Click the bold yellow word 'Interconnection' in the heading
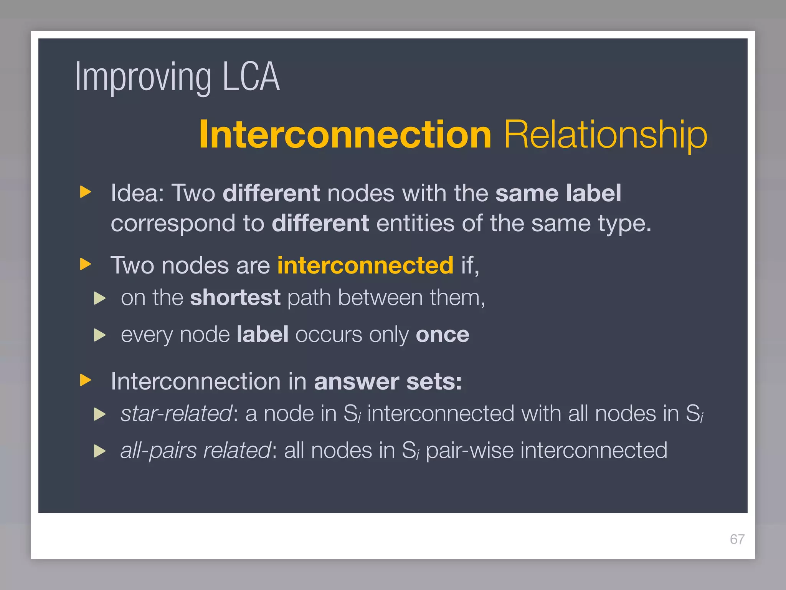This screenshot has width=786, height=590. click(x=345, y=134)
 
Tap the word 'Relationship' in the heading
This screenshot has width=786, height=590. click(x=606, y=134)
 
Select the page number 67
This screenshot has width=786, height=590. click(x=737, y=539)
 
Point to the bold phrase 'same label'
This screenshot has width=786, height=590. click(x=558, y=193)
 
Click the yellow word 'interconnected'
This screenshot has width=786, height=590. click(x=365, y=265)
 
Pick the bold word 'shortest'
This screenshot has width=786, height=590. click(x=235, y=297)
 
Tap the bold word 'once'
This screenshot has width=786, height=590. click(x=442, y=335)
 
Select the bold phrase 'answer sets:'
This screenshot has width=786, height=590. click(x=388, y=381)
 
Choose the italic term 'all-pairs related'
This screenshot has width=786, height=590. click(x=196, y=451)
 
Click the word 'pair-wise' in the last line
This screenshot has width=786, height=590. click(x=469, y=451)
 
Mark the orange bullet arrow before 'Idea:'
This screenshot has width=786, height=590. click(x=85, y=192)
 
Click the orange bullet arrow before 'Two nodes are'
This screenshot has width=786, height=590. click(x=85, y=264)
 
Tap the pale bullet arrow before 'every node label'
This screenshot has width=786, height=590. click(x=99, y=335)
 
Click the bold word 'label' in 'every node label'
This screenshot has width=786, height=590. click(x=263, y=335)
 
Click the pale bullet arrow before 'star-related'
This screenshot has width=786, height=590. click(x=99, y=414)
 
